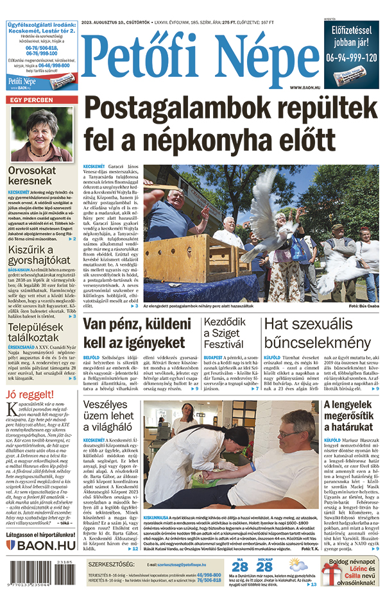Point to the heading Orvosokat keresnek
40,176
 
